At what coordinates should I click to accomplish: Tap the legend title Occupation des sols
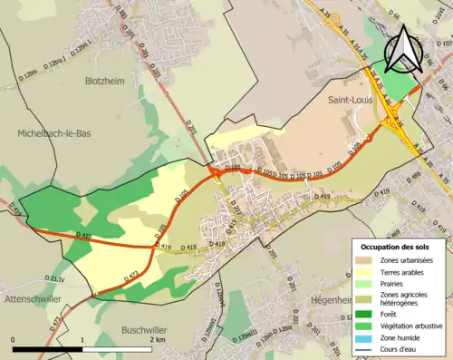[x=398, y=247]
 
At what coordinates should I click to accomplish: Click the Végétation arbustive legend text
[x=412, y=326]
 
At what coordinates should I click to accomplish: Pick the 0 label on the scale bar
[x=13, y=340]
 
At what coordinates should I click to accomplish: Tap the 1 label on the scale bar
[x=82, y=340]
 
